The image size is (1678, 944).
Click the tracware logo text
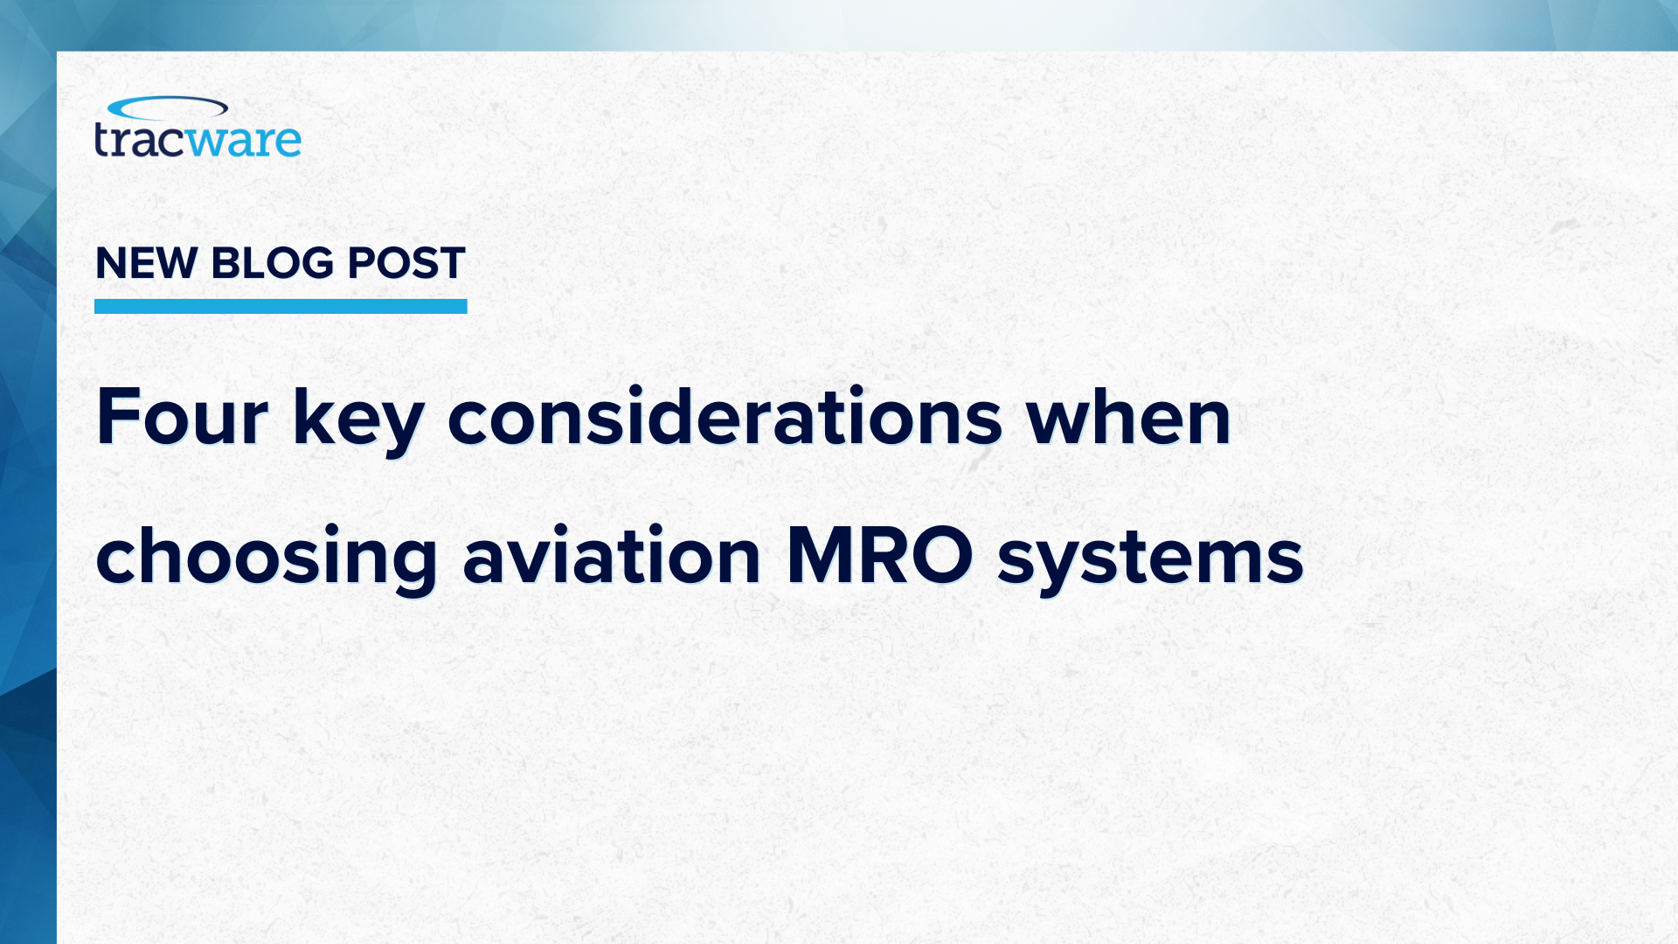pyautogui.click(x=198, y=141)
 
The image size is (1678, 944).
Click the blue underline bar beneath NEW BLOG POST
pyautogui.click(x=281, y=306)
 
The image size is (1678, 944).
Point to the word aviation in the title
pyautogui.click(x=612, y=554)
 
